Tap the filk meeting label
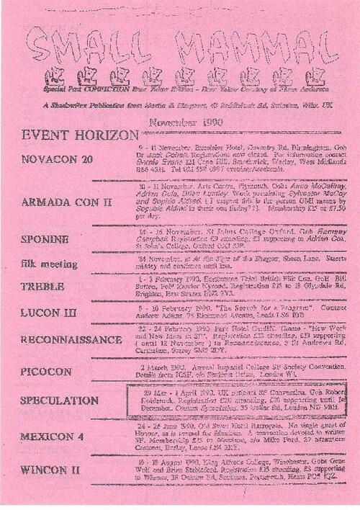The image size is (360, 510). (49, 264)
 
